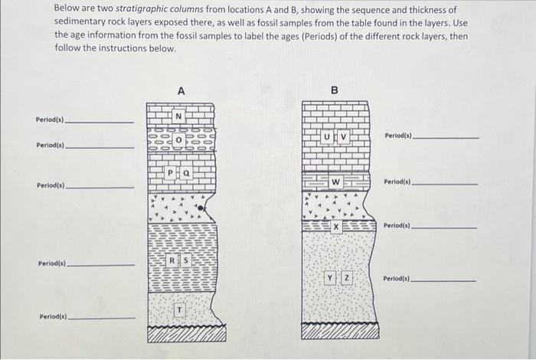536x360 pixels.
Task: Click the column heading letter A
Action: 181,90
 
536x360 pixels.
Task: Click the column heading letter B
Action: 334,90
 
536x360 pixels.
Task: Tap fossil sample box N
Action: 178,116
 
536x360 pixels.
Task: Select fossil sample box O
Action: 178,141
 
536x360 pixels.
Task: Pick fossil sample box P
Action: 172,173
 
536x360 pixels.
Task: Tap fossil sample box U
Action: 327,137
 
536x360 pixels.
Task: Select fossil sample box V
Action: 343,137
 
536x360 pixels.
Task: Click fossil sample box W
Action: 335,182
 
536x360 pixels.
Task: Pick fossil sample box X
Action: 335,227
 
